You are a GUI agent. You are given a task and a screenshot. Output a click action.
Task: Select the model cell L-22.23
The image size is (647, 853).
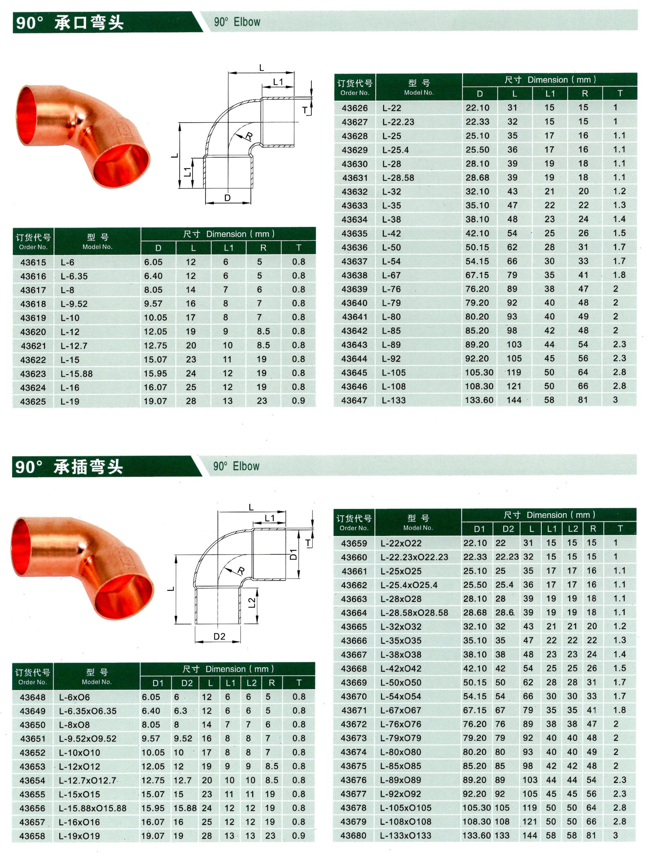click(398, 122)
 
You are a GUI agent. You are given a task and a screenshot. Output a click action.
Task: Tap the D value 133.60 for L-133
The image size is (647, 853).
click(479, 400)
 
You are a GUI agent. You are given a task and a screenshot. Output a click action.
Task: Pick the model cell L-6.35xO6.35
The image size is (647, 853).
click(88, 711)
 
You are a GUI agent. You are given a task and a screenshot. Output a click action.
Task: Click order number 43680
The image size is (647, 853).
click(353, 835)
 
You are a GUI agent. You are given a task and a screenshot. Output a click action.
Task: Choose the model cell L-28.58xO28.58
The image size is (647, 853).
click(414, 613)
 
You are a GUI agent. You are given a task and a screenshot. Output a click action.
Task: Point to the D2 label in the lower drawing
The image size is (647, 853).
click(219, 636)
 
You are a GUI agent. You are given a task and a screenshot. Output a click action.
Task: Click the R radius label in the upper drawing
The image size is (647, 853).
click(249, 136)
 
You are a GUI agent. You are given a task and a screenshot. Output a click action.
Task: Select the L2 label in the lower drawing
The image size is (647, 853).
click(251, 602)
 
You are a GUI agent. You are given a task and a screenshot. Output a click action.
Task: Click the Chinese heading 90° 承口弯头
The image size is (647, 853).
click(69, 23)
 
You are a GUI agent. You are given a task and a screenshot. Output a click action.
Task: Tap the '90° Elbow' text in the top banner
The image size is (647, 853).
click(237, 22)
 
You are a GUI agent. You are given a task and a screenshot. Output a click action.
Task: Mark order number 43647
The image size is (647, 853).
click(354, 400)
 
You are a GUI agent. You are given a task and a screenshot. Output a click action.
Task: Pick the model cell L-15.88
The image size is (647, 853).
click(76, 374)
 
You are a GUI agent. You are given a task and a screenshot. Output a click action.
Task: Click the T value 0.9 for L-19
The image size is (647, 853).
click(299, 401)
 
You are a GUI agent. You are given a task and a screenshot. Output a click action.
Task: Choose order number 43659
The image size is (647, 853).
click(353, 543)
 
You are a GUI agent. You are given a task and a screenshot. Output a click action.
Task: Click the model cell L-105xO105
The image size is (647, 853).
click(406, 807)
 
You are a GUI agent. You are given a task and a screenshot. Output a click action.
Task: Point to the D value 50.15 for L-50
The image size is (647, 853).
click(477, 247)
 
